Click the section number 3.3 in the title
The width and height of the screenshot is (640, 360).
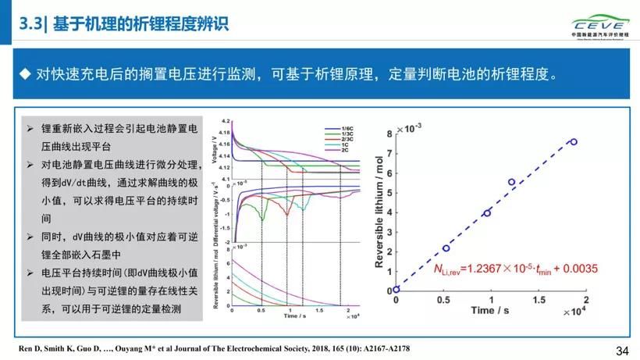click(x=32, y=24)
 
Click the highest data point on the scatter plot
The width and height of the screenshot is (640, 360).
click(x=573, y=141)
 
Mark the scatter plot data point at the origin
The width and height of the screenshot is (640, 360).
click(x=396, y=289)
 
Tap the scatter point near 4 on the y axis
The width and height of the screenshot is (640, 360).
click(x=487, y=212)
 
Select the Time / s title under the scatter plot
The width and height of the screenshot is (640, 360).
click(x=495, y=310)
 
